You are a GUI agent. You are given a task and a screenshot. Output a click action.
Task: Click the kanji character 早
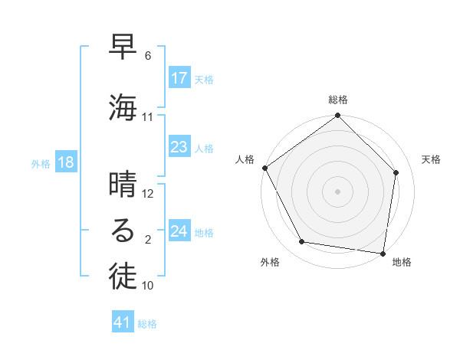pyautogui.click(x=123, y=48)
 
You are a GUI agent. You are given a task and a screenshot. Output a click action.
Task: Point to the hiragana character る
pyautogui.click(x=123, y=231)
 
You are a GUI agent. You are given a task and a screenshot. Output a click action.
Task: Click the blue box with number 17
pyautogui.click(x=179, y=78)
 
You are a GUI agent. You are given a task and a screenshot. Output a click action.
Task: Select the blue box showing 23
pyautogui.click(x=179, y=147)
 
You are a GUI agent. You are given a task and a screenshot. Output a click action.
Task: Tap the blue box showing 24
pyautogui.click(x=179, y=231)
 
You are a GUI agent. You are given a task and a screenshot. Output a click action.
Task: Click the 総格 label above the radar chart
pyautogui.click(x=337, y=100)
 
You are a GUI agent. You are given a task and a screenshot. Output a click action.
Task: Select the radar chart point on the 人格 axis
pyautogui.click(x=264, y=168)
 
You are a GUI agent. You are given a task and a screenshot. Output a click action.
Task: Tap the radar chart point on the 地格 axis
pyautogui.click(x=383, y=253)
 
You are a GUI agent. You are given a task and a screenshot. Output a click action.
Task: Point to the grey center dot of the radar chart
pyautogui.click(x=337, y=191)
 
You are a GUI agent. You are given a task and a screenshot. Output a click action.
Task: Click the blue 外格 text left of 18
pyautogui.click(x=41, y=163)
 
